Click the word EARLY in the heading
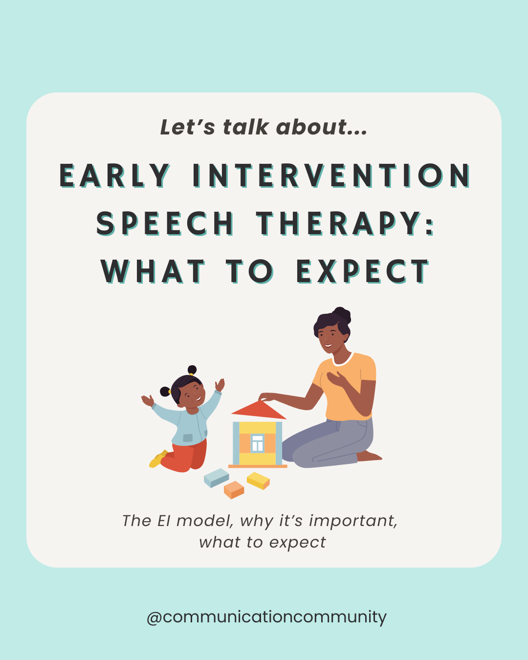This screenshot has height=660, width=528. [x=115, y=176]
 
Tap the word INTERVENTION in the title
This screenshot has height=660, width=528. [x=331, y=176]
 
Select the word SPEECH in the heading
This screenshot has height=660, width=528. [x=165, y=224]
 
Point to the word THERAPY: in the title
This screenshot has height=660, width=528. [x=345, y=224]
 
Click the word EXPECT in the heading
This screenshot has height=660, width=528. [x=362, y=272]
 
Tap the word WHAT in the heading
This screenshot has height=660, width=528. [x=153, y=272]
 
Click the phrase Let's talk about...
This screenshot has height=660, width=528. [x=264, y=127]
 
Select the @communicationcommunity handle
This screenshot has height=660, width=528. [x=266, y=617]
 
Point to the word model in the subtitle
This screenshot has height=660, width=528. [x=204, y=521]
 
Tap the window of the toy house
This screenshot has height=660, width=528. [x=257, y=443]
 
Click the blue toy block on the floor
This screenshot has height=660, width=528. [x=216, y=477]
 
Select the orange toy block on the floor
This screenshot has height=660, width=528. [x=234, y=489]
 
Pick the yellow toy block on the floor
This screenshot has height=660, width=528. [x=258, y=480]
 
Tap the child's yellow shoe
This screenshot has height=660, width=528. [x=157, y=460]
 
